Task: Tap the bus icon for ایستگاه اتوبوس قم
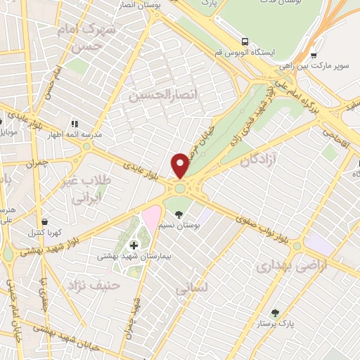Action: pyautogui.click(x=245, y=41)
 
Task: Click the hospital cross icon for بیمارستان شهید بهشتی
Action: pyautogui.click(x=134, y=245)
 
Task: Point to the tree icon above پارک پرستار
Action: pyautogui.click(x=275, y=313)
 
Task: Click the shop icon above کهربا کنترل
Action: pyautogui.click(x=44, y=221)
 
